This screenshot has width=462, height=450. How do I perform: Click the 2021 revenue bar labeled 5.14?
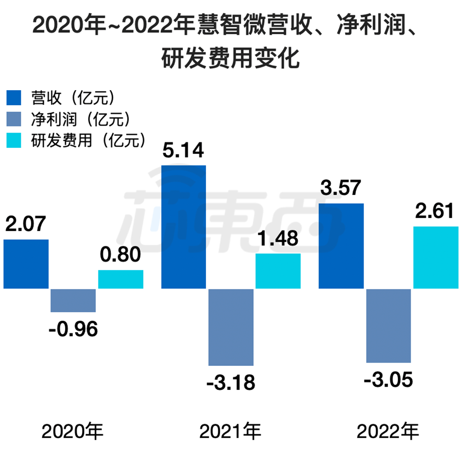[183, 227]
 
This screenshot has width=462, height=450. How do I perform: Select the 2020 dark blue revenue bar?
[26, 264]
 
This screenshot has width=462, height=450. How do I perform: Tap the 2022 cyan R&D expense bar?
[436, 257]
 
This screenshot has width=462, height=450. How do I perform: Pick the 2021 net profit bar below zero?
[231, 327]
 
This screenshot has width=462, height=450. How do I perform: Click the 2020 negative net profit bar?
[73, 300]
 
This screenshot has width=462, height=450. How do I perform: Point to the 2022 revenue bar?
[341, 246]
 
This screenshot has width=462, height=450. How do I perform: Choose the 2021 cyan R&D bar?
[278, 271]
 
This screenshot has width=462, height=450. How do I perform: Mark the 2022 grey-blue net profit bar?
[389, 326]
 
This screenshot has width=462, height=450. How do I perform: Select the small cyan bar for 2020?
[121, 280]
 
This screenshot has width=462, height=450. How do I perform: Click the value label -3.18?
[231, 383]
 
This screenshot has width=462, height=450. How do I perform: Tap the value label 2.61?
[434, 211]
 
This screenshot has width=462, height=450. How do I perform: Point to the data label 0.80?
[120, 255]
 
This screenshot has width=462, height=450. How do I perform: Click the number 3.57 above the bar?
[340, 188]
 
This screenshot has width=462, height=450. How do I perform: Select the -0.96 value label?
[73, 329]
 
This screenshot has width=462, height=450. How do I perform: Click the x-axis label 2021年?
[230, 432]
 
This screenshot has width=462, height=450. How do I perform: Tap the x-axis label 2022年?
[388, 432]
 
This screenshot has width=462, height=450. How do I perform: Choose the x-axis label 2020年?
[73, 432]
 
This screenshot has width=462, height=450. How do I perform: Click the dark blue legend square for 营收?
[14, 98]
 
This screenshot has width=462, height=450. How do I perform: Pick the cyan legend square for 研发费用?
[14, 140]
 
